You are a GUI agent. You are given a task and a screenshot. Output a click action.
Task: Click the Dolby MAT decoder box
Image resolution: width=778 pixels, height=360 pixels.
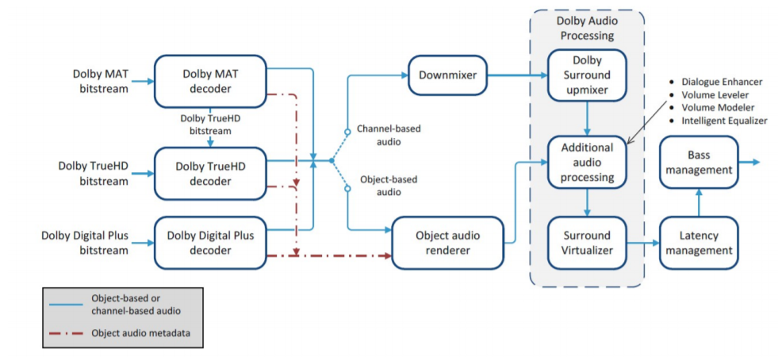(210, 82)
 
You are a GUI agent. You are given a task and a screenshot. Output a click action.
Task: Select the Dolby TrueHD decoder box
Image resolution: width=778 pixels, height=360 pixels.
(210, 174)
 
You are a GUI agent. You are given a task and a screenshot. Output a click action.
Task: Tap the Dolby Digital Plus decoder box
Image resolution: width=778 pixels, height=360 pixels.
(210, 243)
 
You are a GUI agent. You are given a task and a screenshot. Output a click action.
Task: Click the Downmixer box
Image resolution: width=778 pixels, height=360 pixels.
(448, 75)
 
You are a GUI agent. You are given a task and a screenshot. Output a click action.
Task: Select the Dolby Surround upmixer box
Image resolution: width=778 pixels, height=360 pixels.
(587, 75)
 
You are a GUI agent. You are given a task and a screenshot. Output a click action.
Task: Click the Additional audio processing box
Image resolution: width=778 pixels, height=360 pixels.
(587, 162)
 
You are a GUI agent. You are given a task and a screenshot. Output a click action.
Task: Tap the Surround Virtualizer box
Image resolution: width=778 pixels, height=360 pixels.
(587, 243)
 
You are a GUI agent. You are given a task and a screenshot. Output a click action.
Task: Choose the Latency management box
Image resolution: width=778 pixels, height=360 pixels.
(699, 243)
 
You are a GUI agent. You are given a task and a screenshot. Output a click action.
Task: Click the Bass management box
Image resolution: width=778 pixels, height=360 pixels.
(699, 162)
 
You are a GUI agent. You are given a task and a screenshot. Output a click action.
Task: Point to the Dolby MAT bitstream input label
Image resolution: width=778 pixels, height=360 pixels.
(101, 82)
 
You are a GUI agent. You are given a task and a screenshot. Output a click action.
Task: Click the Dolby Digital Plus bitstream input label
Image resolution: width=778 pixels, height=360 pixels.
(85, 243)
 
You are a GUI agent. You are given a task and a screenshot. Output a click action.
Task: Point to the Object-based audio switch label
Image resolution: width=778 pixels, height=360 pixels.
(389, 186)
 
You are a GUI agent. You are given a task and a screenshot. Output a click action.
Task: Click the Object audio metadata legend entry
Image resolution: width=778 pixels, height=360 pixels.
(140, 333)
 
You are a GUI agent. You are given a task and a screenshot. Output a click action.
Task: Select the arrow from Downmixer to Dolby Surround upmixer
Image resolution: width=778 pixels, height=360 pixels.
(518, 75)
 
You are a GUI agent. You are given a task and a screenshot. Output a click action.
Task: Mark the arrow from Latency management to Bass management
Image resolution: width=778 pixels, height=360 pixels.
(699, 202)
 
